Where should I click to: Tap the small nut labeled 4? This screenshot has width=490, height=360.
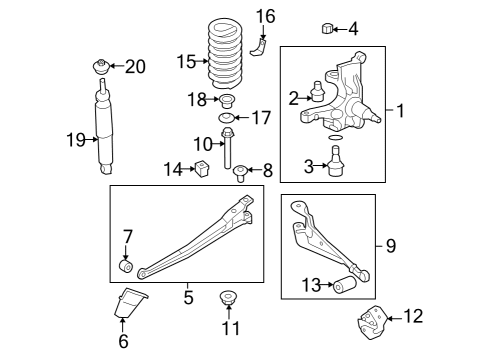pos(327,27)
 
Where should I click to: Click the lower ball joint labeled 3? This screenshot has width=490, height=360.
pos(336,160)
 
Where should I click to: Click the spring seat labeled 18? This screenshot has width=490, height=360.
pos(227,100)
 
